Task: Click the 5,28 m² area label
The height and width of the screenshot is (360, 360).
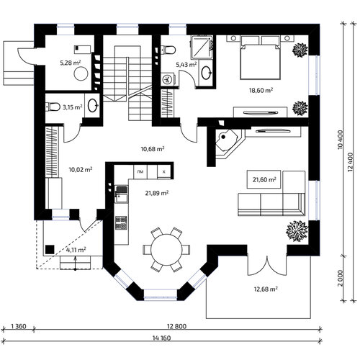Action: click(71, 63)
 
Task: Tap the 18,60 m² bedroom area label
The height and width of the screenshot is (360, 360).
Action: click(261, 91)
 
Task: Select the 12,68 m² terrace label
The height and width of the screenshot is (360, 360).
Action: click(266, 289)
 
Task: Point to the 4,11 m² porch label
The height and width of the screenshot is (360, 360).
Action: click(76, 250)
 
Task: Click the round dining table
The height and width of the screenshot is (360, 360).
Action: click(167, 250)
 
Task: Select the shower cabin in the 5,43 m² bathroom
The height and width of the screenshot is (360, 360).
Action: click(202, 48)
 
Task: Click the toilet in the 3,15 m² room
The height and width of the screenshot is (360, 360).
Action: click(53, 107)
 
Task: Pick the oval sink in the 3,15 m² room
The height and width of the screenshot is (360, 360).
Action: click(93, 106)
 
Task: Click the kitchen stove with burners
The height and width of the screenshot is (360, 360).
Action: click(121, 222)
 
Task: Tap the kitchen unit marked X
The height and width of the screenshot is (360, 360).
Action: click(164, 171)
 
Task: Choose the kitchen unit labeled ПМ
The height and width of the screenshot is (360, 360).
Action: click(140, 171)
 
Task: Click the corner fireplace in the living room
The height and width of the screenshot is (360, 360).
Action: click(227, 143)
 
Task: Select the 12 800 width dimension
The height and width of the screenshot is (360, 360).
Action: click(176, 326)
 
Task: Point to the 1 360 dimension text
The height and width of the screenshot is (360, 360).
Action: click(19, 326)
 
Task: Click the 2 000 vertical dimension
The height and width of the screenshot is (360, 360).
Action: click(341, 279)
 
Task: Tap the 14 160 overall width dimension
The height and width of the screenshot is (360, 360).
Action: click(161, 338)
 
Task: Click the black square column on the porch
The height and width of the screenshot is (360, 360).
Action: click(50, 250)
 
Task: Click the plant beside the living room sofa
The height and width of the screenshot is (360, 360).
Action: click(297, 231)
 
